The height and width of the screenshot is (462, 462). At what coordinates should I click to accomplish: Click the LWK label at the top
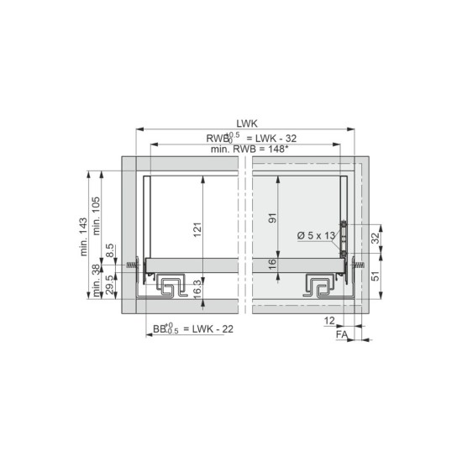click(247, 123)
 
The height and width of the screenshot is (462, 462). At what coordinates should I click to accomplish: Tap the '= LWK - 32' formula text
click(271, 139)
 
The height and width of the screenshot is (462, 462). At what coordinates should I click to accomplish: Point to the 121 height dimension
click(197, 229)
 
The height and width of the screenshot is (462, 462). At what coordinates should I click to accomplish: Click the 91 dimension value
click(273, 218)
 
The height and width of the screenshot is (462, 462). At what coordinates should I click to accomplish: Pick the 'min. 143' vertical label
click(84, 237)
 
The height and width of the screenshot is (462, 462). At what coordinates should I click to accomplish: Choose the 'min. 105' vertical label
click(97, 216)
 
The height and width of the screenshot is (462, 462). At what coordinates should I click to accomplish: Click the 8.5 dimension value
click(109, 250)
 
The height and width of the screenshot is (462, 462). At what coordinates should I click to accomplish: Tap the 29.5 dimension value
click(109, 285)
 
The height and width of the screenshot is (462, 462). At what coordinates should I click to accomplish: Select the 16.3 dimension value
click(197, 289)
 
